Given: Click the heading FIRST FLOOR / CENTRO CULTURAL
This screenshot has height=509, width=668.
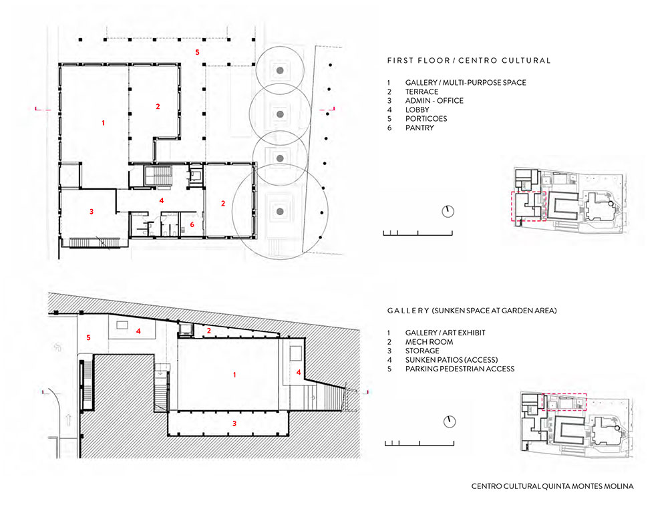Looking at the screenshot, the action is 469,61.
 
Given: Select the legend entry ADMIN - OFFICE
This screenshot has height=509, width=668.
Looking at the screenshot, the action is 434,100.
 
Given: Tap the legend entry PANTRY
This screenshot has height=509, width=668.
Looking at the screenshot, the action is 420,128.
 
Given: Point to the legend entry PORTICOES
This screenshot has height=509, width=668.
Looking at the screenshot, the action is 426,119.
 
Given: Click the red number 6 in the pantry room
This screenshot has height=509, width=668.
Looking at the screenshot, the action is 192,224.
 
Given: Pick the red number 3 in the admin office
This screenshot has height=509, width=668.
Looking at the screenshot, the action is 92,211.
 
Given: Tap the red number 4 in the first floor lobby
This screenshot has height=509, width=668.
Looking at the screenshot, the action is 162,200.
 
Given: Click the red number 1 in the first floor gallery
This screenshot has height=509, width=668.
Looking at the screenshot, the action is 103,123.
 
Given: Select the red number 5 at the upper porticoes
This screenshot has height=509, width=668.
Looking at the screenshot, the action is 197,52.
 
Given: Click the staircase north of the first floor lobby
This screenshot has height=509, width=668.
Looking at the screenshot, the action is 158,176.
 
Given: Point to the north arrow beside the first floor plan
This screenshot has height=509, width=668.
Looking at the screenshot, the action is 448,211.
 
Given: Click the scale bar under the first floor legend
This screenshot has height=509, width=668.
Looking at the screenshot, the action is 417,233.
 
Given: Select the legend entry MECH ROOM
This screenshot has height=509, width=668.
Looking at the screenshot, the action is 429,342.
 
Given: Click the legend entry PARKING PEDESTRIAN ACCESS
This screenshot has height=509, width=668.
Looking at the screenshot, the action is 460,369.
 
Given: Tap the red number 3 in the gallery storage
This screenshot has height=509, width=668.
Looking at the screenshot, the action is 234,423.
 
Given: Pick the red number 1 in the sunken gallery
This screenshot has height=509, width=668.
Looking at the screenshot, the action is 234,375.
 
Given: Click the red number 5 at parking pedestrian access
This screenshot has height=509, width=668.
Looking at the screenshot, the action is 89,337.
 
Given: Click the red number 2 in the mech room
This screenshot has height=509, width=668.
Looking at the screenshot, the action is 208,331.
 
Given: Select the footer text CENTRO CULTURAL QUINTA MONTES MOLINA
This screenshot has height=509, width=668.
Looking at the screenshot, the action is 552,486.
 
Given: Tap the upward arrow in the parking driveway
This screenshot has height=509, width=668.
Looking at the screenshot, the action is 67,420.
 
